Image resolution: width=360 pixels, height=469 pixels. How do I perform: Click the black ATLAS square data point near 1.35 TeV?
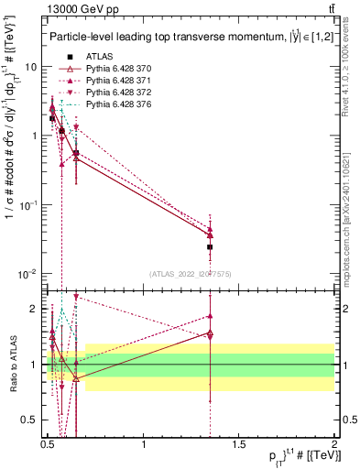pyautogui.click(x=211, y=247)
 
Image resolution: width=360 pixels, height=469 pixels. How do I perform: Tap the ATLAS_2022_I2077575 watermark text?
pyautogui.click(x=190, y=274)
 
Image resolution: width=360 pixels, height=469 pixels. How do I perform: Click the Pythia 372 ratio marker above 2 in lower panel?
pyautogui.click(x=76, y=297)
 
